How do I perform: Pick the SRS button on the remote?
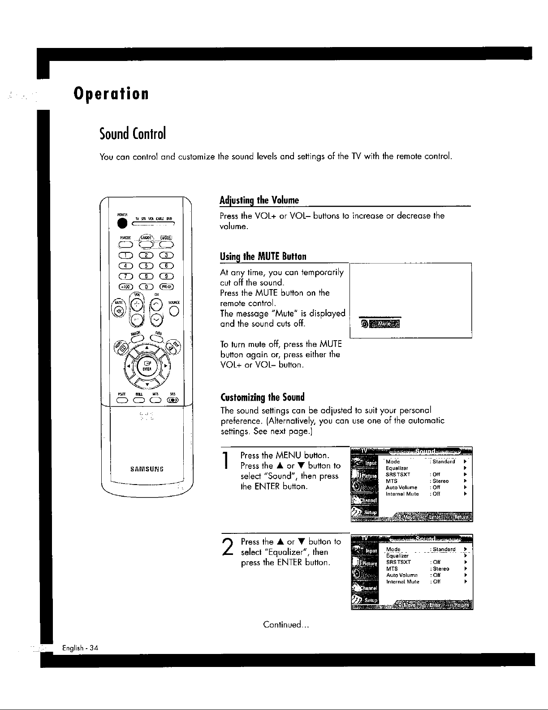point(172,401)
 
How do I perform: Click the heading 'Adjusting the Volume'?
point(259,199)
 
